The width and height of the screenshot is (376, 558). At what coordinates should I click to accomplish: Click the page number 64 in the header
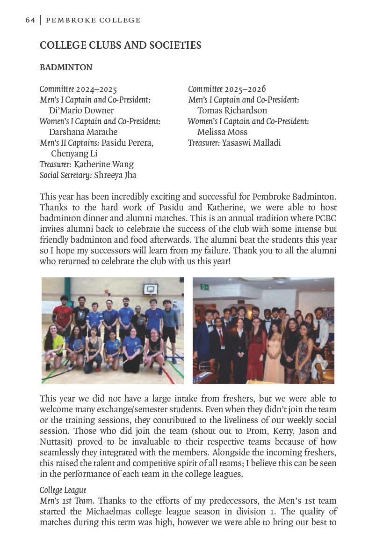point(30,20)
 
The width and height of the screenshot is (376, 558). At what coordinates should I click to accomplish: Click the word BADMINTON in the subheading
point(66,67)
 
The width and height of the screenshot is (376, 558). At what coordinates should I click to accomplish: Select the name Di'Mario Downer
point(81,111)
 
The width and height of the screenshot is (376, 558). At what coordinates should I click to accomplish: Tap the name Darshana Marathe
point(83,132)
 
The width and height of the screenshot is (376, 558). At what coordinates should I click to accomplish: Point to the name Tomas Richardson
point(232,111)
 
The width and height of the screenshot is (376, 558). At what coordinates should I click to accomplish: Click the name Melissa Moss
point(222,132)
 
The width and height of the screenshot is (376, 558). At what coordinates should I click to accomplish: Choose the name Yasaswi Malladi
point(251,143)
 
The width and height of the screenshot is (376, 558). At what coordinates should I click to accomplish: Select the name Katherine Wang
point(103,164)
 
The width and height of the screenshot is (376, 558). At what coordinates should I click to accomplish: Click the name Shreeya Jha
point(115,175)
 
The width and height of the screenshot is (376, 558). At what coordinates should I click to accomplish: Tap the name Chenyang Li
point(74,154)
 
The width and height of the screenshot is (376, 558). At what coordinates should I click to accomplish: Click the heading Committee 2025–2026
point(227,89)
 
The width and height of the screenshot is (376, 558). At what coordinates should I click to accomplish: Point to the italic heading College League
point(63,490)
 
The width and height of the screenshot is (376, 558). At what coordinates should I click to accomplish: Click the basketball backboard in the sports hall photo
point(150,289)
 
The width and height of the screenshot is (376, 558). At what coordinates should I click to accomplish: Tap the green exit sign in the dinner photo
point(204,287)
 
